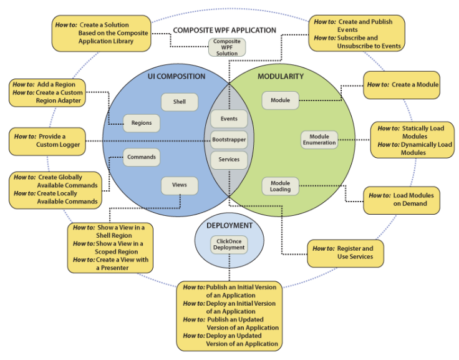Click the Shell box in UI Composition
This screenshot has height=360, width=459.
coord(180,102)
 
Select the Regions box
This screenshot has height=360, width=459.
coord(142,123)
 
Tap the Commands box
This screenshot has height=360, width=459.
coord(142,157)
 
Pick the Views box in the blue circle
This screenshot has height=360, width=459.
coord(180,185)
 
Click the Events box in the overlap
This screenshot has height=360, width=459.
coord(229,119)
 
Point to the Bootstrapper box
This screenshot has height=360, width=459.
coord(229,139)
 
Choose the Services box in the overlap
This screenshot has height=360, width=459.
coord(229,160)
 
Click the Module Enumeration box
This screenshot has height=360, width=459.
coord(319,140)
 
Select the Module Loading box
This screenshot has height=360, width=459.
coord(280,186)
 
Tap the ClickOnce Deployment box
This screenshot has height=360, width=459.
coord(229,244)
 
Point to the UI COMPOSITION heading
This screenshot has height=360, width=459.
coord(176,77)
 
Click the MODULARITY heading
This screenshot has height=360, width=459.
coord(280,77)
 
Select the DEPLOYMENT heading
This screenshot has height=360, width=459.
coord(229,225)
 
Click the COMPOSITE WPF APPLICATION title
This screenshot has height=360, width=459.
coord(224,30)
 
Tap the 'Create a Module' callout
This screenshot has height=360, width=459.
coord(402,85)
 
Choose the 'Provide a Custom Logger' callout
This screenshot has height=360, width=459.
coord(47,140)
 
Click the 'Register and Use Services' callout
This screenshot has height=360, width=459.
coord(345,252)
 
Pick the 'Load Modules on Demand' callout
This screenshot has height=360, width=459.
coord(402,199)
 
